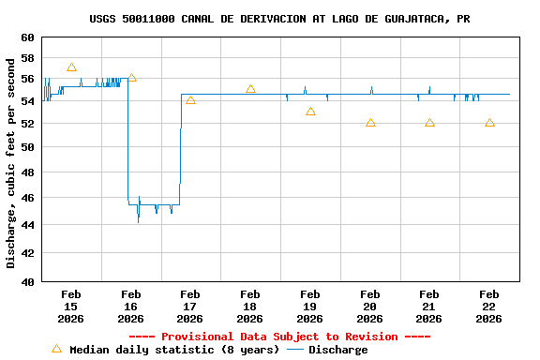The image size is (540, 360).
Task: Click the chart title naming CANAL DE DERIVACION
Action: [x=279, y=19]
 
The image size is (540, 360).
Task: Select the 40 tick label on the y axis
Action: [x=26, y=281]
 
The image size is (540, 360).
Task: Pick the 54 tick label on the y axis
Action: [x=26, y=100]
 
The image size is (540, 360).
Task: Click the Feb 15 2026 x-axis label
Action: [x=71, y=306]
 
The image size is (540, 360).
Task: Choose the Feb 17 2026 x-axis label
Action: [x=190, y=306]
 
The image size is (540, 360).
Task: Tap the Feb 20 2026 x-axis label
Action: [x=369, y=306]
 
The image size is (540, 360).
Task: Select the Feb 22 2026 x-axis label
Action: [x=488, y=306]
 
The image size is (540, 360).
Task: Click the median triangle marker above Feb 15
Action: [x=71, y=67]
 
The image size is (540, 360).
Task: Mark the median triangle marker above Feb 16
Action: [x=131, y=78]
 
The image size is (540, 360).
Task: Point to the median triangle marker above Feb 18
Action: [x=250, y=89]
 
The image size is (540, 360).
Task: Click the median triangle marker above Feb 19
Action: [x=310, y=112]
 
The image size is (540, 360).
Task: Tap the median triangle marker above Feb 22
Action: [x=489, y=123]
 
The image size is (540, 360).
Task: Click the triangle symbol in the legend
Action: [x=56, y=349]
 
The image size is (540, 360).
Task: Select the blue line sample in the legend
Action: [x=295, y=350]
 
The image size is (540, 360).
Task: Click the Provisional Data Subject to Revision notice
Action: [x=279, y=337]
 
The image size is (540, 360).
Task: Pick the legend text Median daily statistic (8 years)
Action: [x=174, y=350]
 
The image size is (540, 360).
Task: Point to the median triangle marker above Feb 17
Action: [x=190, y=100]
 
